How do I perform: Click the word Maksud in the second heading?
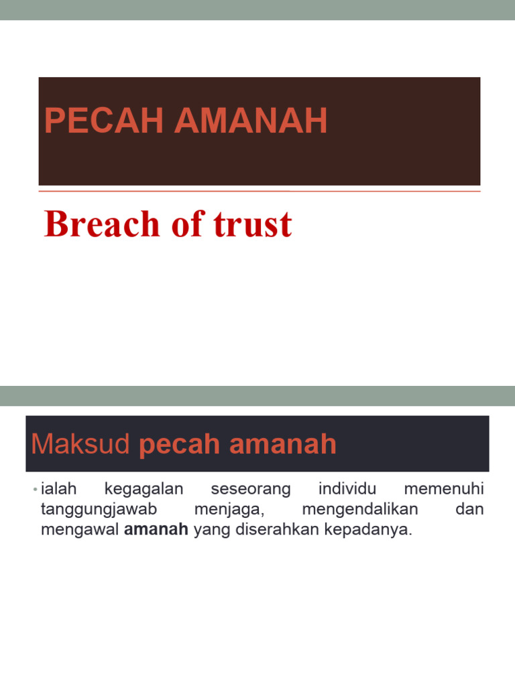(x=80, y=444)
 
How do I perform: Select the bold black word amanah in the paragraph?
(x=156, y=531)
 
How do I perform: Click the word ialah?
(x=58, y=489)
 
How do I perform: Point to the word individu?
(x=347, y=489)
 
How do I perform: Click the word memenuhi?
(x=443, y=489)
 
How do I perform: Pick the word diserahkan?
(x=277, y=531)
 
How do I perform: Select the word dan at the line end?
(x=469, y=510)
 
